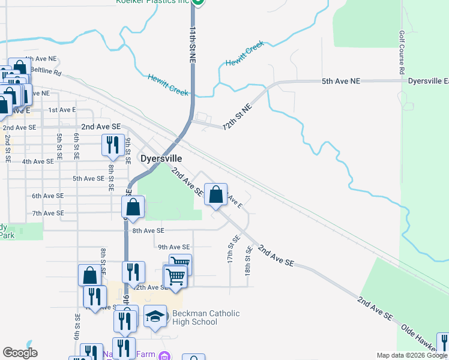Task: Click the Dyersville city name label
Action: tap(161, 158)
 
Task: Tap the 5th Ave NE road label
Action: tap(341, 81)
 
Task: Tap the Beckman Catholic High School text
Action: tap(206, 317)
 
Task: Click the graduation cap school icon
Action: tap(155, 316)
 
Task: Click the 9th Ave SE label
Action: tap(173, 247)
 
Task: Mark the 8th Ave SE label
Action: tap(148, 230)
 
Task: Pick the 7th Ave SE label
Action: tap(48, 213)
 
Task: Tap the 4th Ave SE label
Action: tap(38, 161)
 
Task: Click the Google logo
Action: tap(20, 353)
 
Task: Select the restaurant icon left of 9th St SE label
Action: tap(112, 145)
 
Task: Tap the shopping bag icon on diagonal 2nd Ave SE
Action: tap(216, 194)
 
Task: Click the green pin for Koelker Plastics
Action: tap(199, 2)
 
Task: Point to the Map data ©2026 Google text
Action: tap(412, 355)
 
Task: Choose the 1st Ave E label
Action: tap(62, 110)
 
